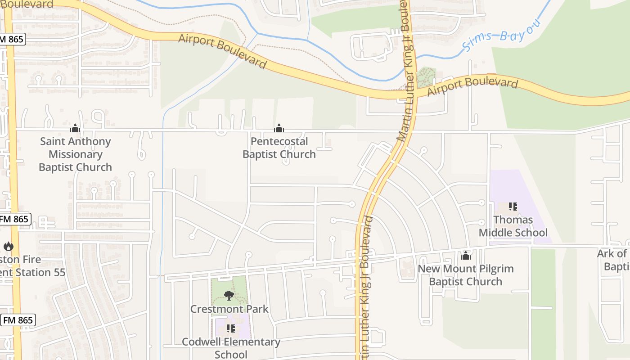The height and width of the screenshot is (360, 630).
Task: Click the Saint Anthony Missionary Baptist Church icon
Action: pos(75,128)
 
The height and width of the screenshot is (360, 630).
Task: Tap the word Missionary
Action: pos(75,154)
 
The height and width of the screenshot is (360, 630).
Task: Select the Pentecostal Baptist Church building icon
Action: pos(279,128)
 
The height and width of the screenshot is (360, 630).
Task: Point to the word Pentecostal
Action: pos(279,141)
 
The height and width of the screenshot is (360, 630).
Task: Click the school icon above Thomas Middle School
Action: pos(513,207)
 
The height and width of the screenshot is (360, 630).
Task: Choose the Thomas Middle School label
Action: pos(513,226)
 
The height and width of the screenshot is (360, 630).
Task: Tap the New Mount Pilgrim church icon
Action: pos(465,256)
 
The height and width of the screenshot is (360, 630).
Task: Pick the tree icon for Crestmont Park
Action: pos(229,296)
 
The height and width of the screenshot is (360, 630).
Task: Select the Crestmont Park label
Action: pos(229,309)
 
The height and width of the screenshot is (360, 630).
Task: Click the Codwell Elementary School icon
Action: pos(231,328)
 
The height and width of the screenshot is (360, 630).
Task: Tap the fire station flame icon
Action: pos(8,246)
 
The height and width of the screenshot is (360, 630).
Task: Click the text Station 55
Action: pos(40,273)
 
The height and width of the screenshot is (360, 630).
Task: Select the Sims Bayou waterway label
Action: pos(499,35)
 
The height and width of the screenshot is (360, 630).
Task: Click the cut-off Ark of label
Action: pos(612,254)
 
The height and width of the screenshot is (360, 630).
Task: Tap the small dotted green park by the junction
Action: pos(426,77)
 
